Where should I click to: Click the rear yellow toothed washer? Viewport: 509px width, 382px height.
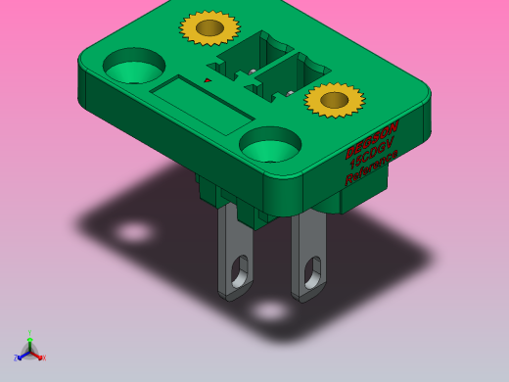pyautogui.click(x=209, y=27)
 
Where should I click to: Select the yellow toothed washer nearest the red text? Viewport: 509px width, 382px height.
pyautogui.click(x=334, y=99)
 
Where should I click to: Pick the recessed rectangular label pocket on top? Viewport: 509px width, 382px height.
pyautogui.click(x=202, y=105)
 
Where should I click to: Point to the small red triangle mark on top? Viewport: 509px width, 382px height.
pyautogui.click(x=208, y=80)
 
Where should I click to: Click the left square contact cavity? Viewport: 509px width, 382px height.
pyautogui.click(x=245, y=58)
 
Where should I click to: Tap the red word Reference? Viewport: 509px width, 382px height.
pyautogui.click(x=371, y=174)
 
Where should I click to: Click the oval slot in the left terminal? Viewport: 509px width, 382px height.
pyautogui.click(x=238, y=270)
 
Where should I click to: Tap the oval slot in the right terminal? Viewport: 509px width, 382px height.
pyautogui.click(x=311, y=274)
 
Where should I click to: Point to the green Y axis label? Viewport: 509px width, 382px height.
pyautogui.click(x=29, y=333)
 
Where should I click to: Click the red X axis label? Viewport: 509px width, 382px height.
pyautogui.click(x=42, y=358)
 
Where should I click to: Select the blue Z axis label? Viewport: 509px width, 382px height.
pyautogui.click(x=16, y=358)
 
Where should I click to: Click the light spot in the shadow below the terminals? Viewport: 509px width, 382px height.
pyautogui.click(x=269, y=311)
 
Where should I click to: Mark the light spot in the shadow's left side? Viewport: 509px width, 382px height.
pyautogui.click(x=134, y=233)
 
